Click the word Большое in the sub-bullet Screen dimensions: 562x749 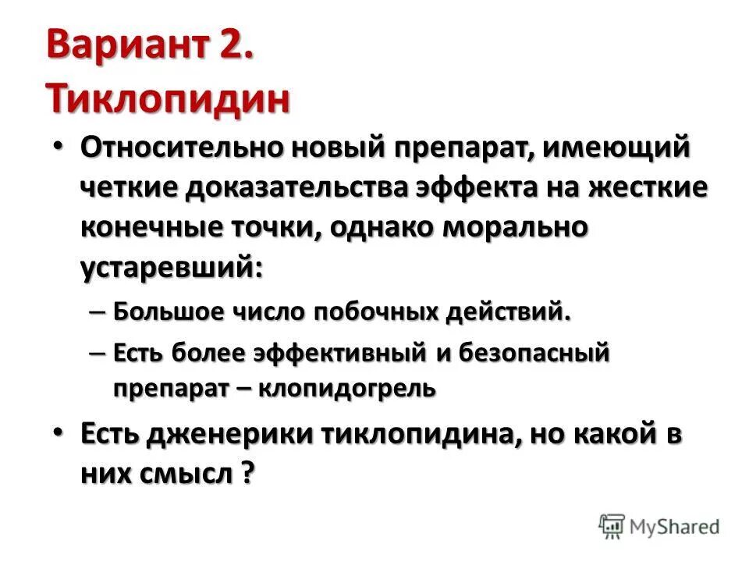click(166, 312)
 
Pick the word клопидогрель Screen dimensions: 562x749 click(360, 388)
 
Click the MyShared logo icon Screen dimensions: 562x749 click(612, 525)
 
